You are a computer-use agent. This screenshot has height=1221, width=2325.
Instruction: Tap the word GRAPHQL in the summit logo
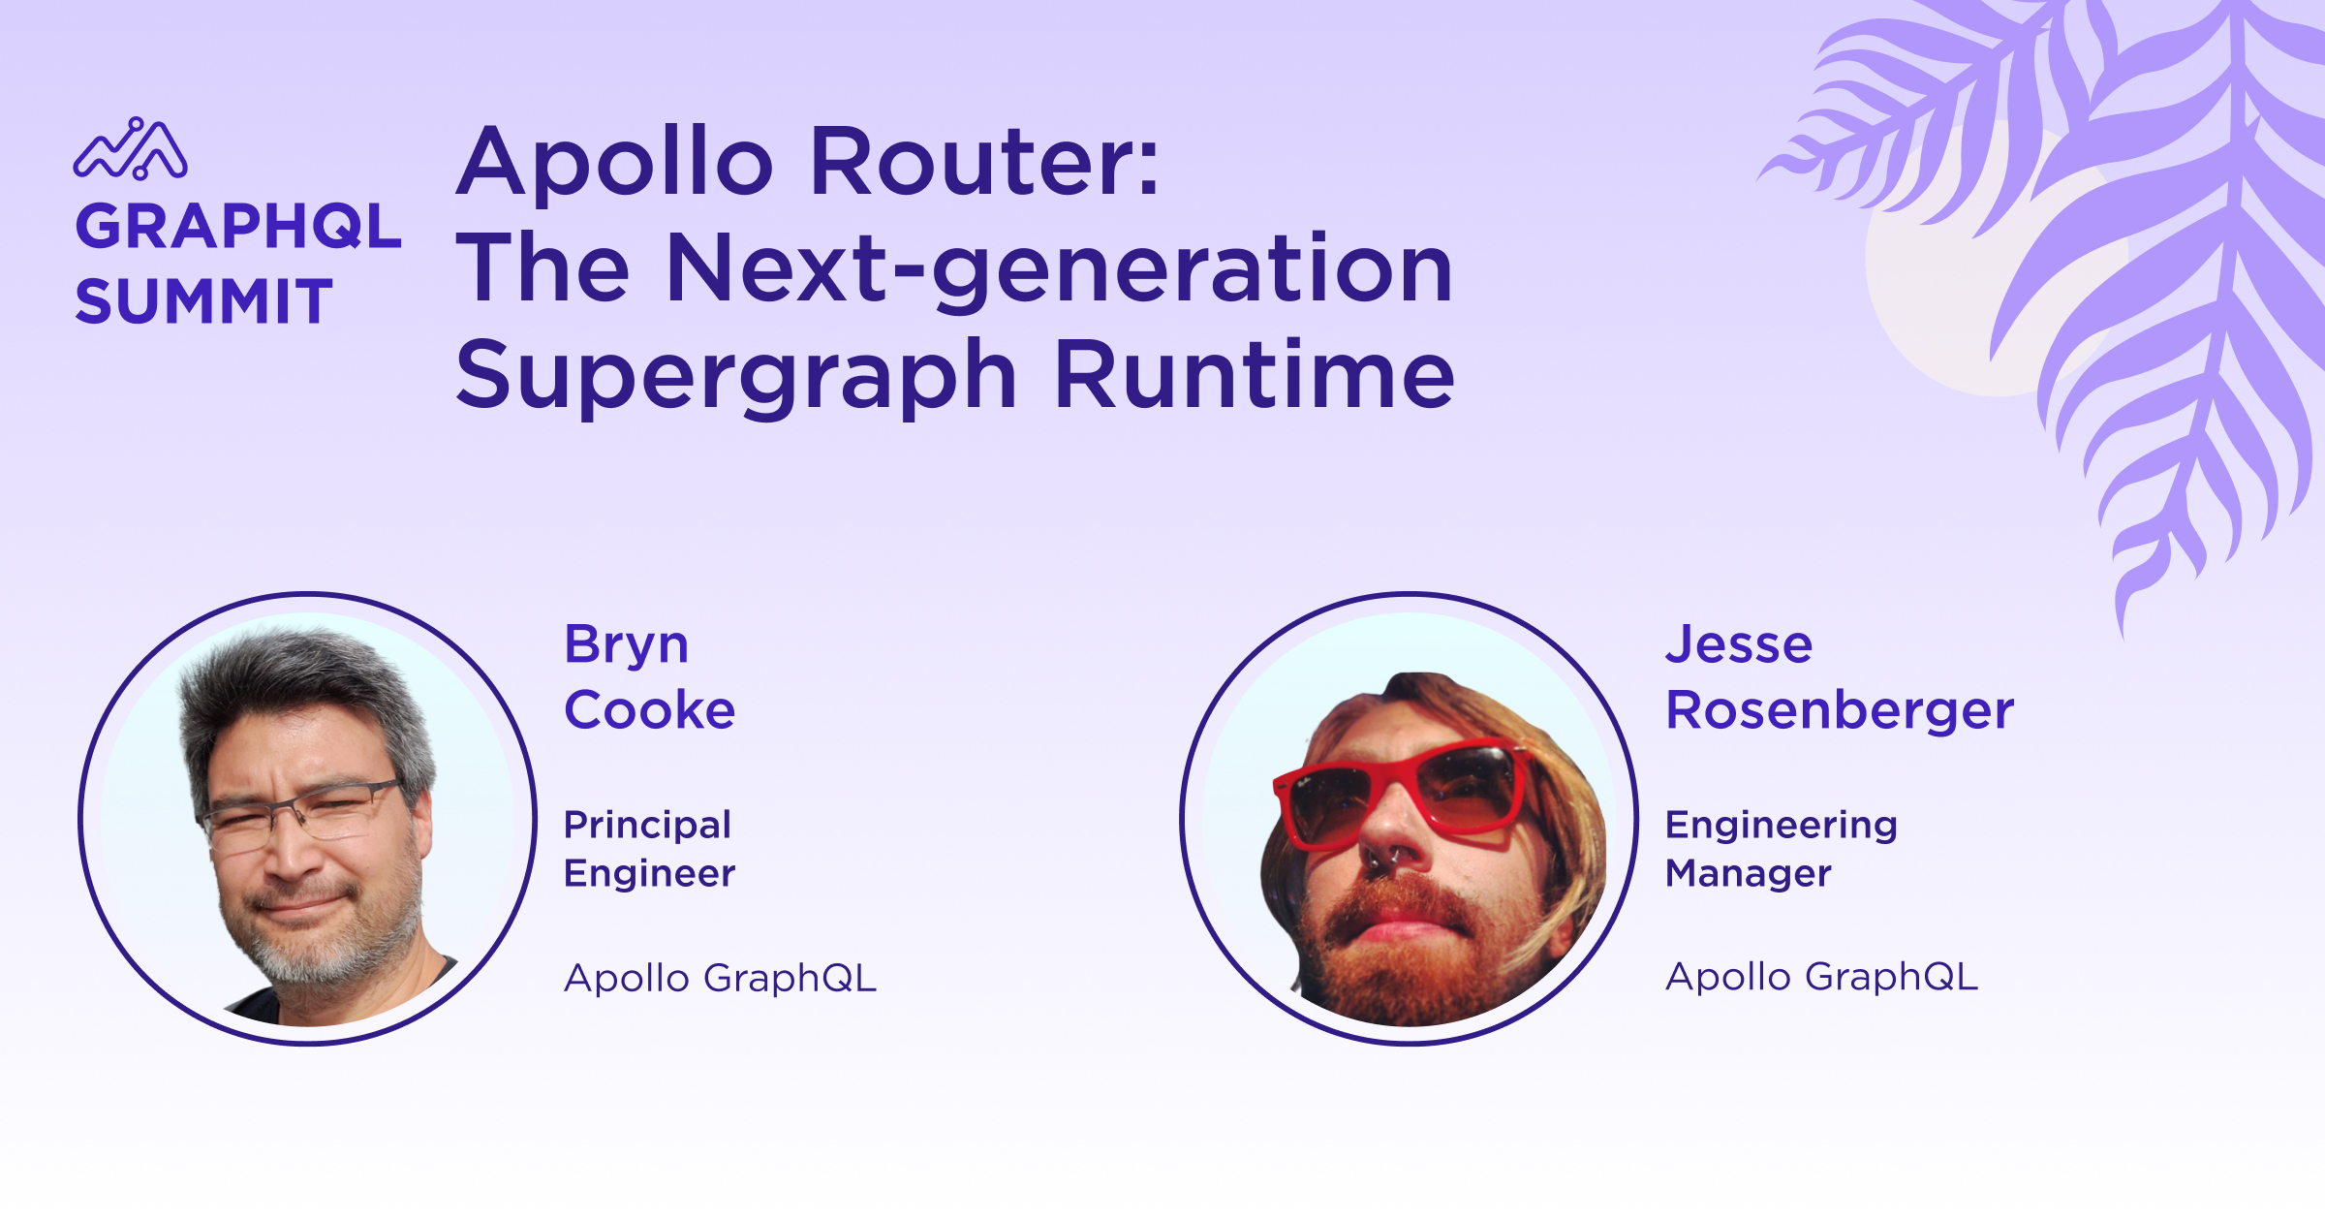pyautogui.click(x=238, y=227)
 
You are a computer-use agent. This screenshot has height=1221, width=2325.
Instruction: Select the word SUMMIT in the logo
pyautogui.click(x=204, y=301)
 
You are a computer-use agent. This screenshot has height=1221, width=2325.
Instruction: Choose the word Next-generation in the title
pyautogui.click(x=1060, y=272)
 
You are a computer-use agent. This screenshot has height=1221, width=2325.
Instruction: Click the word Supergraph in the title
pyautogui.click(x=736, y=379)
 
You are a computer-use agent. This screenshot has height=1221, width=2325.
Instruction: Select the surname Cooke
pyautogui.click(x=650, y=709)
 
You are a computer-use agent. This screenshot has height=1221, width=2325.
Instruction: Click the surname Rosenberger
pyautogui.click(x=1840, y=709)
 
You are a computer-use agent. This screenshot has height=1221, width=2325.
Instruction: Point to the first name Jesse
pyautogui.click(x=1739, y=644)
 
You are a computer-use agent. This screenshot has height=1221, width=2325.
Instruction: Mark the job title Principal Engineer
pyautogui.click(x=650, y=849)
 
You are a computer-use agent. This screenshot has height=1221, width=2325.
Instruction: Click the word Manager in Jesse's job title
pyautogui.click(x=1749, y=874)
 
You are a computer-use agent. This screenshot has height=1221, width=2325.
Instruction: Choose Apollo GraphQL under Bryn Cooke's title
pyautogui.click(x=721, y=979)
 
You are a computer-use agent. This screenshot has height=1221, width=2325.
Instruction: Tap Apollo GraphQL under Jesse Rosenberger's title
pyautogui.click(x=1822, y=978)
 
